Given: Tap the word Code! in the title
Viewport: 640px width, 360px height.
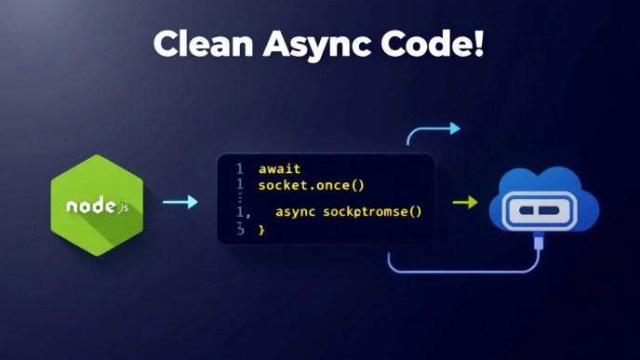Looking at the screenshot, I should pyautogui.click(x=437, y=43).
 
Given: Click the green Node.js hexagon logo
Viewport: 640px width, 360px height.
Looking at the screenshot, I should pyautogui.click(x=98, y=203).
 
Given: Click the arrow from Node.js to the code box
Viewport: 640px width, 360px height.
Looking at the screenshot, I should pyautogui.click(x=180, y=202).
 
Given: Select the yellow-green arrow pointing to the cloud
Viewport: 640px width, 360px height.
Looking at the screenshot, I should pyautogui.click(x=465, y=202).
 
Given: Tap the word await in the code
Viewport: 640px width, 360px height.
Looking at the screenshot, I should pyautogui.click(x=278, y=169).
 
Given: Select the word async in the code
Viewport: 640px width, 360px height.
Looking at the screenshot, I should pyautogui.click(x=296, y=212).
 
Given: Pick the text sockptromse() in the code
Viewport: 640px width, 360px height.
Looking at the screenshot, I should pyautogui.click(x=372, y=212).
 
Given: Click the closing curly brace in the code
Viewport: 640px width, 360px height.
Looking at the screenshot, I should pyautogui.click(x=261, y=229).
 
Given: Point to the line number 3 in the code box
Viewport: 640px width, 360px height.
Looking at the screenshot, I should pyautogui.click(x=239, y=229).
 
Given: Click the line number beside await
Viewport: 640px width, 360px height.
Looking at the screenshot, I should pyautogui.click(x=239, y=169).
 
